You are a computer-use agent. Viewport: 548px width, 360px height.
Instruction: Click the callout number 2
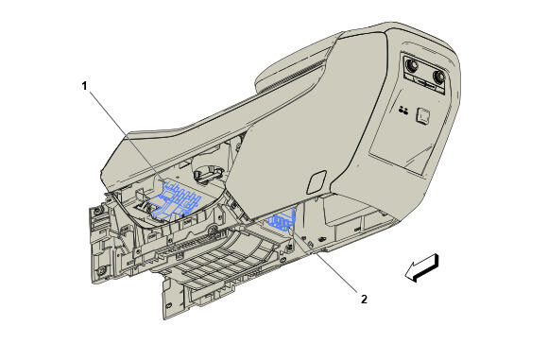pyautogui.click(x=363, y=300)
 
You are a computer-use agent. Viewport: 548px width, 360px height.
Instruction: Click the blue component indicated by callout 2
pyautogui.click(x=283, y=222)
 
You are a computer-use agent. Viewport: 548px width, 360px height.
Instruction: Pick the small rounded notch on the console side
pyautogui.click(x=318, y=177)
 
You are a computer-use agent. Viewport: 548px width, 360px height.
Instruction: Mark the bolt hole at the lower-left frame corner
pyautogui.click(x=100, y=273)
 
